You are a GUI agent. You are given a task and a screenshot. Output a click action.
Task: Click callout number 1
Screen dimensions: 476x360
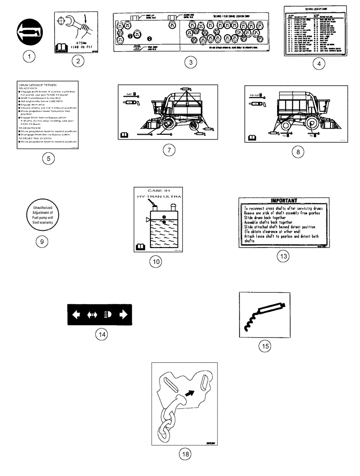pos(30,57)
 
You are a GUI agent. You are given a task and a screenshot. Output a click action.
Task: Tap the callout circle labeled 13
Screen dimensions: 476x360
pos(283,256)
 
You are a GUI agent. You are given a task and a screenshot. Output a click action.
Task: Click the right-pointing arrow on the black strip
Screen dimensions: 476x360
pos(123,314)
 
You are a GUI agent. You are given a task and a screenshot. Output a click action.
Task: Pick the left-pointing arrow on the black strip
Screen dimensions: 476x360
pos(76,314)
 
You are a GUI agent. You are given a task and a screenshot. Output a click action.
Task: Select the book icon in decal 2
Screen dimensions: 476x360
pos(61,47)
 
